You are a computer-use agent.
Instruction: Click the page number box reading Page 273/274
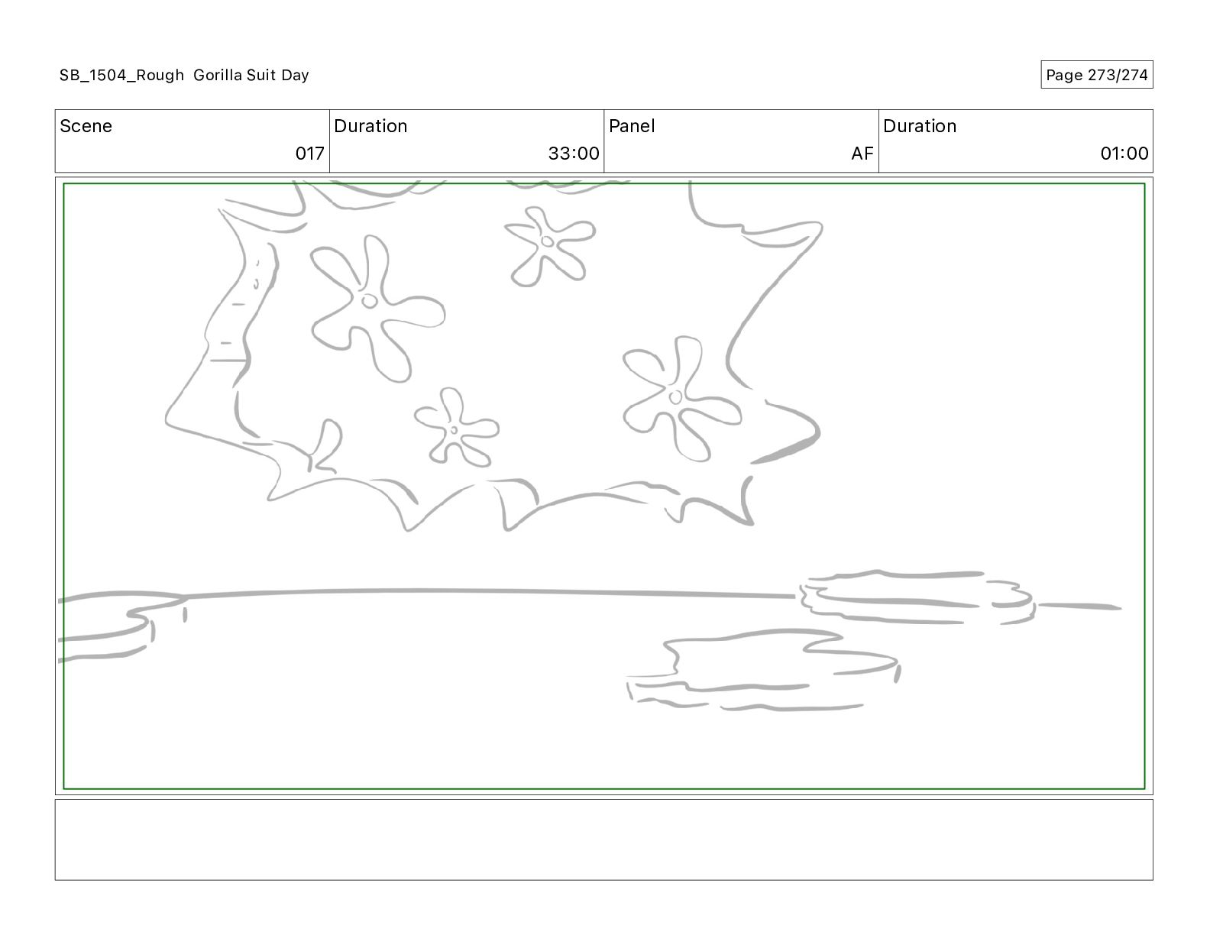point(1096,75)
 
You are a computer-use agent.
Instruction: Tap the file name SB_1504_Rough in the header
point(121,75)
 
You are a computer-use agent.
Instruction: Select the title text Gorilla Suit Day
point(251,75)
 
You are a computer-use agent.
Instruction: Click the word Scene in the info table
point(86,126)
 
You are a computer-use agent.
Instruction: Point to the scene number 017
point(309,153)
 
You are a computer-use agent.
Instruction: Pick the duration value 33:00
point(574,153)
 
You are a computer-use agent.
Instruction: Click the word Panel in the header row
point(632,126)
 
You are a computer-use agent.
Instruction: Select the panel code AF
point(862,153)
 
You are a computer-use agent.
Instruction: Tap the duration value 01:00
point(1124,153)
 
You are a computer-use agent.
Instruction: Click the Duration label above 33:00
point(370,126)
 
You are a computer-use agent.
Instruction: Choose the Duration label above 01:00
point(919,126)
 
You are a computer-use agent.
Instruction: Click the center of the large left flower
point(369,301)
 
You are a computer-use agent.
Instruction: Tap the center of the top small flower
point(548,241)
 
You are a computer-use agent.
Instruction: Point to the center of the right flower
point(675,397)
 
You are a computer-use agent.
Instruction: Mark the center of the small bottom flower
point(454,430)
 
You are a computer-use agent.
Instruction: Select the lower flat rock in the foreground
point(763,671)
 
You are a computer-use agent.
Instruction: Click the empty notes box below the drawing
point(603,840)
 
